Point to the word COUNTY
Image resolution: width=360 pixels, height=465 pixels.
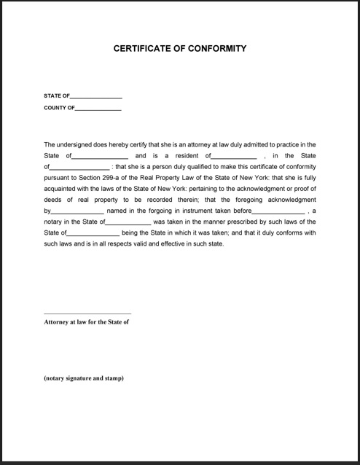click(x=54, y=108)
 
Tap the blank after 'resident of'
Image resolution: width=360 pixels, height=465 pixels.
click(x=234, y=157)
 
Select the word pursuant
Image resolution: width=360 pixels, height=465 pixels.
click(x=56, y=178)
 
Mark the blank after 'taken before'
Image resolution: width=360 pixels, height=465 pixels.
click(x=278, y=211)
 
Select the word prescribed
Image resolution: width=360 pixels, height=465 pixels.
click(x=230, y=222)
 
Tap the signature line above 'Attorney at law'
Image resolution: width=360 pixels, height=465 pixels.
click(x=87, y=313)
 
